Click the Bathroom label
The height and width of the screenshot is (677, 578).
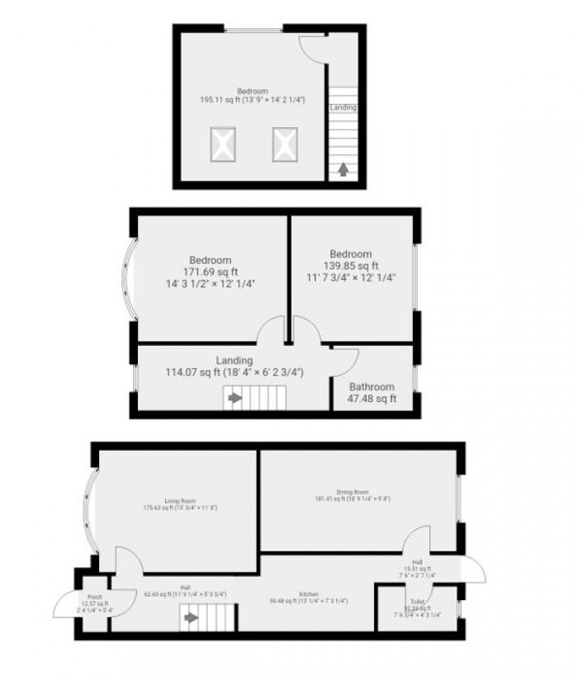(x=371, y=386)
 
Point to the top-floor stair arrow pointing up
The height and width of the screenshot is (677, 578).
(x=343, y=171)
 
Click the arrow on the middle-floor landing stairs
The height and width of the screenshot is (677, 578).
(x=235, y=398)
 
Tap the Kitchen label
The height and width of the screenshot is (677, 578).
(x=309, y=594)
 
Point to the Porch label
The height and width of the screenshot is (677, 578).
(x=95, y=597)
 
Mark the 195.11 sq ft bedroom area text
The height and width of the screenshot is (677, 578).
(x=252, y=99)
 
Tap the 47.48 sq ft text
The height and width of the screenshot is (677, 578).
(x=371, y=399)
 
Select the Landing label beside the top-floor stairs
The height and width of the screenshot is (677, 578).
(x=343, y=107)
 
